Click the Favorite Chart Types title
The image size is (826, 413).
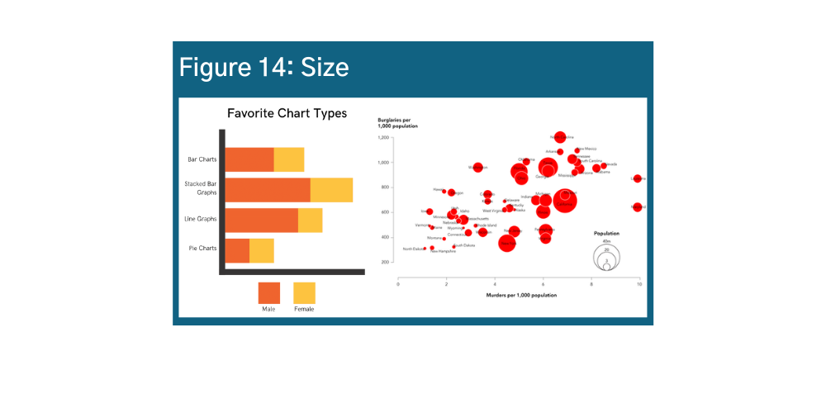pyautogui.click(x=287, y=113)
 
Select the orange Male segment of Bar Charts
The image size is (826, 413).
pyautogui.click(x=249, y=159)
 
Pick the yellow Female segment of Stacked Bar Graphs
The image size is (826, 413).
pyautogui.click(x=331, y=190)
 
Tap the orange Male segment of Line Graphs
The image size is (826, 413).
pyautogui.click(x=262, y=220)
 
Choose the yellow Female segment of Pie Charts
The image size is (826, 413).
pyautogui.click(x=261, y=250)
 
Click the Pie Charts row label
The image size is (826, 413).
pyautogui.click(x=202, y=248)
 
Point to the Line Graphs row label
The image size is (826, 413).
pyautogui.click(x=201, y=219)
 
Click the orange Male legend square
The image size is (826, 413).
pyautogui.click(x=269, y=293)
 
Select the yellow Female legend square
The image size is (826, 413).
pyautogui.click(x=304, y=293)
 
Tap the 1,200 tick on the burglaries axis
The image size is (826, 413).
pyautogui.click(x=382, y=137)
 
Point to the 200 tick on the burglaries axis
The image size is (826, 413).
pyautogui.click(x=385, y=262)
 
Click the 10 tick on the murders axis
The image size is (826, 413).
pyautogui.click(x=639, y=284)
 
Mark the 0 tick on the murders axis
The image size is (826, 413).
pyautogui.click(x=398, y=284)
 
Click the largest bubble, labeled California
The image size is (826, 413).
pyautogui.click(x=565, y=201)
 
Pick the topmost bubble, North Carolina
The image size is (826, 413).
pyautogui.click(x=560, y=137)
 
